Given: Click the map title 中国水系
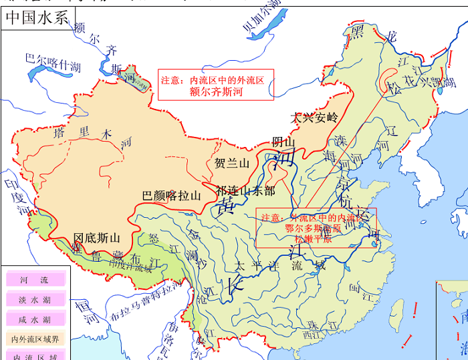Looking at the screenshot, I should [x=37, y=18].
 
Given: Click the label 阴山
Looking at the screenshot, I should [x=283, y=142].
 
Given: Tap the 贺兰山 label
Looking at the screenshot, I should [x=232, y=163].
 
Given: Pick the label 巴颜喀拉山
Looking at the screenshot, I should [x=172, y=196].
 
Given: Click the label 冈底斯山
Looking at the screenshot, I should [x=97, y=237].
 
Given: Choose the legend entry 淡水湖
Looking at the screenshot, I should [x=36, y=299].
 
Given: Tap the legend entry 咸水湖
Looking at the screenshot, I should [x=36, y=319].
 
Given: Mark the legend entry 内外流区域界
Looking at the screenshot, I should [x=36, y=339].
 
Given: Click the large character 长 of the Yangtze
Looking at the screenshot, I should [x=238, y=283].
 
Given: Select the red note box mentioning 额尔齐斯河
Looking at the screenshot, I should [x=215, y=85].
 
